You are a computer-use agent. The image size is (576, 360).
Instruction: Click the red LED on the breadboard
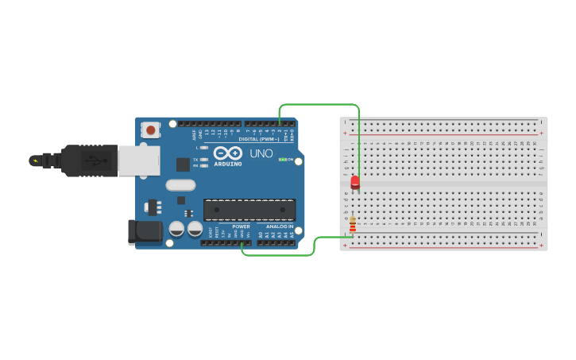pos(354,183)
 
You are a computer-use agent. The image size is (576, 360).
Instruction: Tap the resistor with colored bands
pos(352,226)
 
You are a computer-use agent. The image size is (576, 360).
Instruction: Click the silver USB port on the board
pos(138,159)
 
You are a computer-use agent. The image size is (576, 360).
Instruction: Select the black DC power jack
pos(145,231)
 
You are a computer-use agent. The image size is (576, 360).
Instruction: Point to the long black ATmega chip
pos(249,210)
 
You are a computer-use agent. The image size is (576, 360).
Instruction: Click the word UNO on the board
pos(261,153)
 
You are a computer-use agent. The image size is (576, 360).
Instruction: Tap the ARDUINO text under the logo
pos(227,165)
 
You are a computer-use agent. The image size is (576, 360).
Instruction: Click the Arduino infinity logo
pos(227,153)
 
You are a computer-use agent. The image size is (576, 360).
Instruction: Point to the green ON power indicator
pos(282,160)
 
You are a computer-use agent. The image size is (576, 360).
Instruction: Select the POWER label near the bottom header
pos(241,226)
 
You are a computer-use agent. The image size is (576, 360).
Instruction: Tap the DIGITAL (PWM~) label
pos(257,138)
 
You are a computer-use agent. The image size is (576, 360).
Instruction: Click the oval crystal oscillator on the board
pos(180,185)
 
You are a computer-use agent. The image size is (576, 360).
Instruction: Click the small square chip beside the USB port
pos(184,165)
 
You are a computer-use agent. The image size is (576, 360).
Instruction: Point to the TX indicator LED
pos(205,159)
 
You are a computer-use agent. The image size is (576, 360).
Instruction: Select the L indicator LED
pos(205,148)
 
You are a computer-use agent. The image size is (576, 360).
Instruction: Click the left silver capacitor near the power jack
pos(176,230)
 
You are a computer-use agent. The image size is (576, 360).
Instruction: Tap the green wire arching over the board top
pos(318,104)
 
